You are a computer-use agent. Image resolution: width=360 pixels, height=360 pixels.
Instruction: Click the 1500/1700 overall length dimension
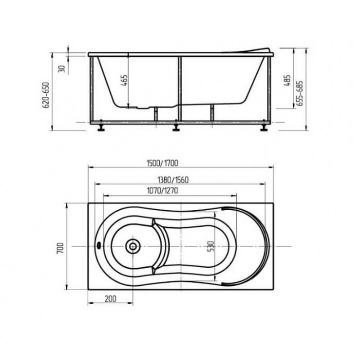point(162,163)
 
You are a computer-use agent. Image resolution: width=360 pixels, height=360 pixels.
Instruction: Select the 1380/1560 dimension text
point(173,180)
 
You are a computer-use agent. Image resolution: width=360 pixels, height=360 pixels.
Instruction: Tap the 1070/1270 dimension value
point(162,190)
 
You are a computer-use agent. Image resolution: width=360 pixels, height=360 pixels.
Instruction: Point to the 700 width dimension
point(60,248)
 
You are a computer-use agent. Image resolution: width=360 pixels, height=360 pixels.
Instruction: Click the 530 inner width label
point(211,246)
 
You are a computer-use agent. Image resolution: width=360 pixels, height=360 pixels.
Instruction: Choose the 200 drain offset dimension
point(110,299)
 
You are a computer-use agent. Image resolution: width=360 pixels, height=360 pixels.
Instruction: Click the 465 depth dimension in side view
point(124,81)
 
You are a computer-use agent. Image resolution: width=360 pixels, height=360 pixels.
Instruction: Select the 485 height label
point(287,81)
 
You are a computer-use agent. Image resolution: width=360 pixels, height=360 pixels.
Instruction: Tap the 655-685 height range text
point(300,93)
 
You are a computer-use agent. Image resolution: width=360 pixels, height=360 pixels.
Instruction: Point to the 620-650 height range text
point(46,95)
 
